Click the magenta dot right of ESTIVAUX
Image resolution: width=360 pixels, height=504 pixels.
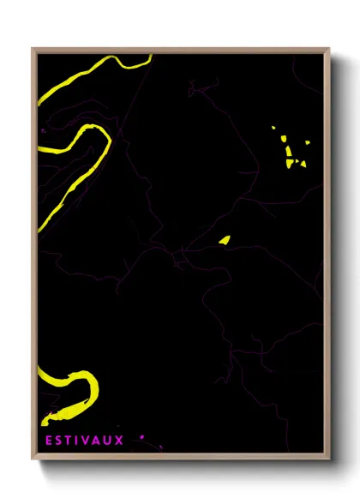point(141,437)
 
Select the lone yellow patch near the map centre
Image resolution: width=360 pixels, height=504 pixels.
point(224,240)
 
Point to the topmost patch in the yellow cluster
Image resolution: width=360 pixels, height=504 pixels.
point(273,129)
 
